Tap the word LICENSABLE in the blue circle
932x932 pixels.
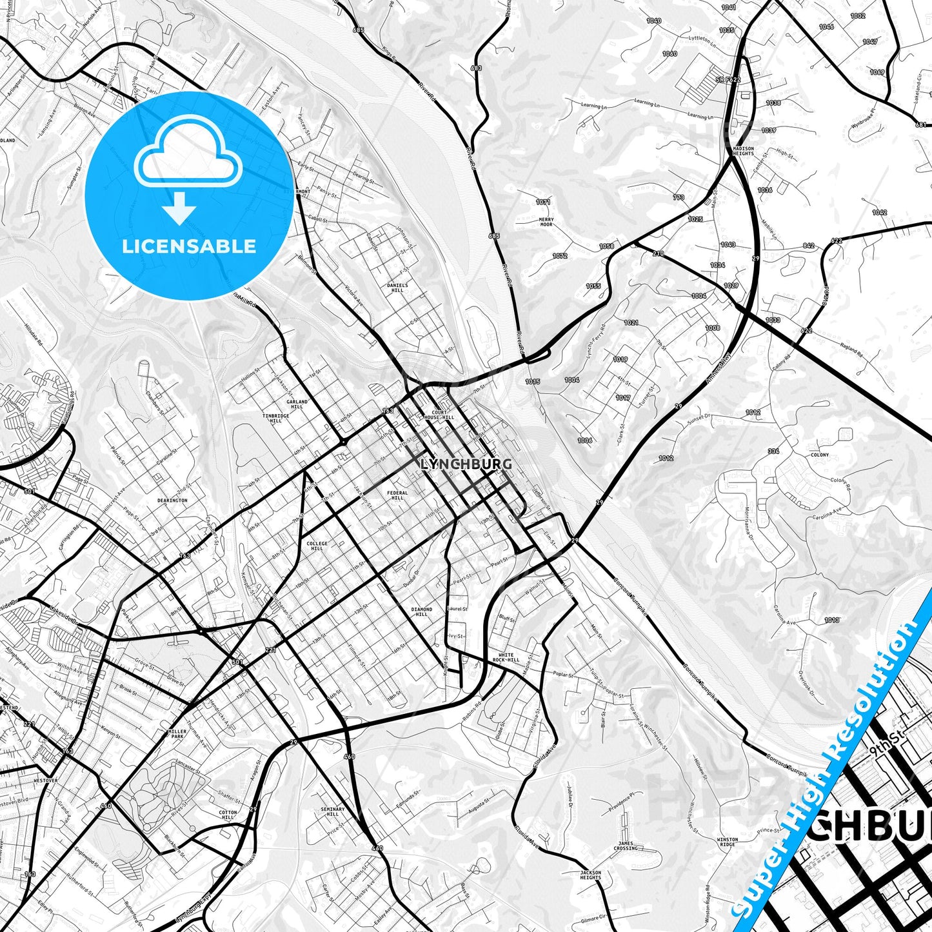pos(189,246)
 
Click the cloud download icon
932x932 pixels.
pos(188,169)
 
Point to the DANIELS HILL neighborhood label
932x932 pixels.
pos(397,288)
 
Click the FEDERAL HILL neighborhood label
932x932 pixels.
pos(397,495)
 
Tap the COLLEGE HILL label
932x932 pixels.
pos(317,546)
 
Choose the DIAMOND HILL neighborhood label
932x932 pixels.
pos(422,611)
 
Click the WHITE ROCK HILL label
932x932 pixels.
pos(506,657)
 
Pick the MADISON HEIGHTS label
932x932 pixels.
pos(743,151)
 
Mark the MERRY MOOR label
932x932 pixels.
pos(546,223)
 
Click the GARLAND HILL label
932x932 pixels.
pos(297,404)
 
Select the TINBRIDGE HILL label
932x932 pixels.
pos(276,419)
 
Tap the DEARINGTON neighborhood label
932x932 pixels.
pos(172,500)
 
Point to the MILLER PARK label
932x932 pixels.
pos(177,735)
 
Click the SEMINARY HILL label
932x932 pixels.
pos(333,811)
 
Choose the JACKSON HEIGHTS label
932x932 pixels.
pos(590,875)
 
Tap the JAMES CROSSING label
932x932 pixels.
pos(626,846)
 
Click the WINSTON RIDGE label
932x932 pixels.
pos(728,842)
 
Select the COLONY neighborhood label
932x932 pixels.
pos(820,455)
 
